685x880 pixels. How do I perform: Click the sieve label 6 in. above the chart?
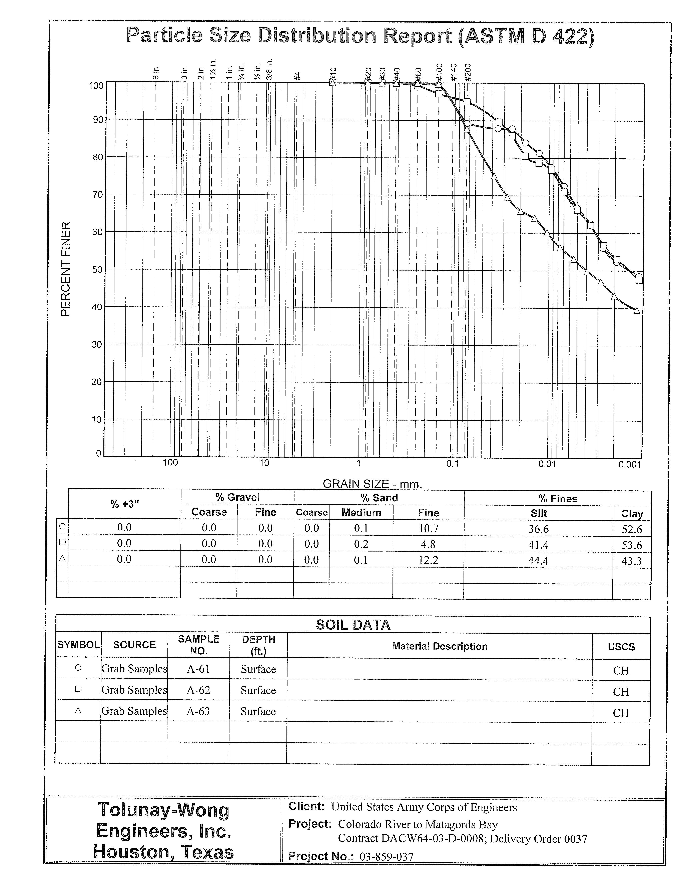pos(156,72)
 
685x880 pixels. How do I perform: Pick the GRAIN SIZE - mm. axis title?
pos(372,484)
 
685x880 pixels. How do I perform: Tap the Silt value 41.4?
pos(538,545)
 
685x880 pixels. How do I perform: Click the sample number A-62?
pos(198,690)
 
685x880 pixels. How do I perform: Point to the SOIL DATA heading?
pos(353,625)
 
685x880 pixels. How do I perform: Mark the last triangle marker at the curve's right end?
pos(637,310)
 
